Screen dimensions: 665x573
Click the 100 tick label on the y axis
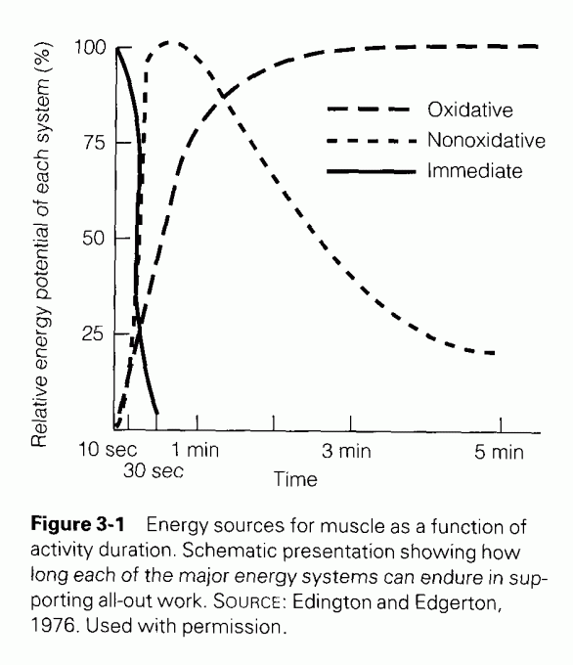pos(85,47)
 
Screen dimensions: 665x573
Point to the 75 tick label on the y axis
pos(89,142)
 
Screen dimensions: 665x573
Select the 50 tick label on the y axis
pos(89,238)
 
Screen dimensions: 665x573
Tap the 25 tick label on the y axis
pos(89,333)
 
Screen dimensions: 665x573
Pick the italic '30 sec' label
pos(154,471)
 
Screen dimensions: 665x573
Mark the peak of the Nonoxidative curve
pos(170,42)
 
